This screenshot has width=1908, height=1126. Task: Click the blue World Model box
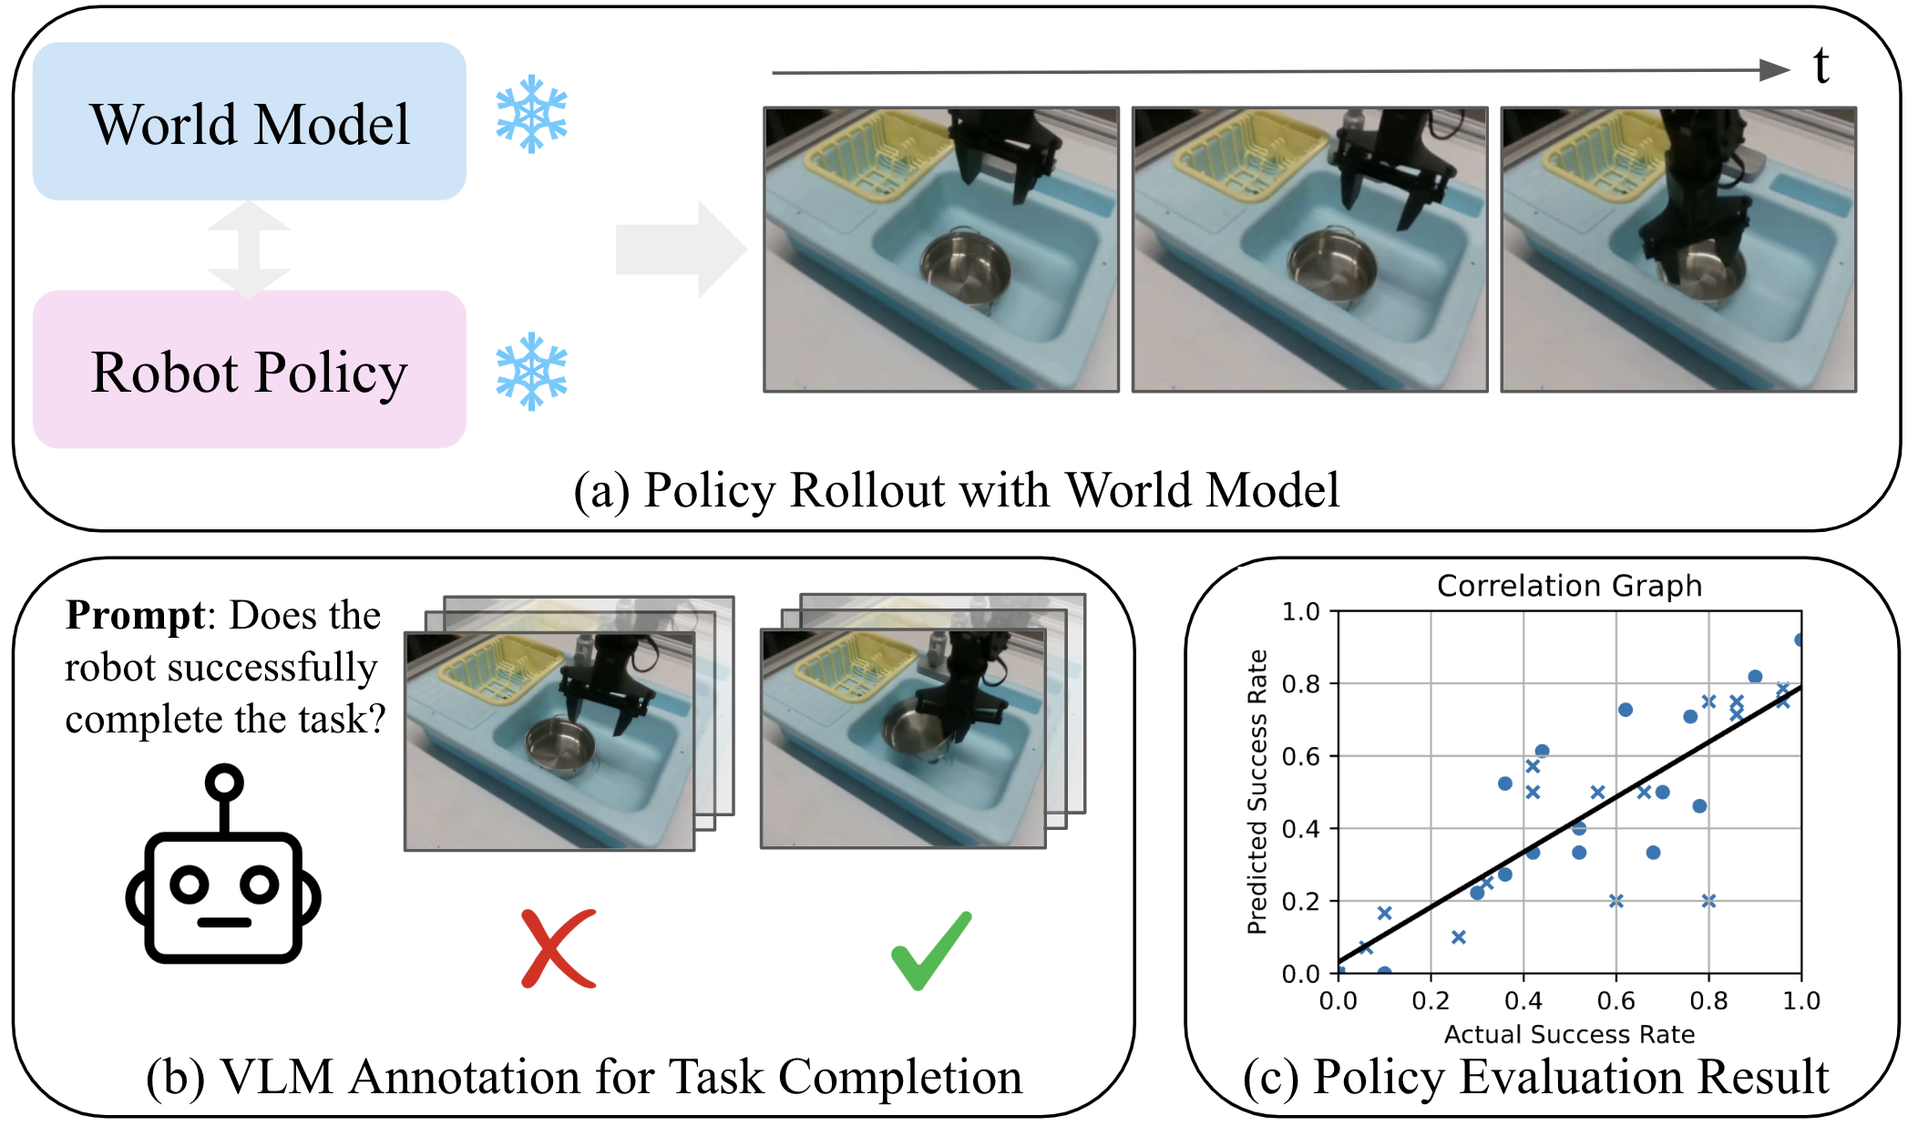tap(249, 121)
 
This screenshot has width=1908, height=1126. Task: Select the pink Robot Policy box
tap(249, 369)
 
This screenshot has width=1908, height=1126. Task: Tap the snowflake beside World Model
tap(531, 116)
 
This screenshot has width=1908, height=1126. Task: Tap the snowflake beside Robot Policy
tap(531, 371)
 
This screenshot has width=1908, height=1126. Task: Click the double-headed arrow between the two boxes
tap(249, 248)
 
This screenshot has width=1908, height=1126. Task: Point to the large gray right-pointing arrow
tap(680, 249)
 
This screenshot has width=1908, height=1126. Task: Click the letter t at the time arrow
tap(1821, 67)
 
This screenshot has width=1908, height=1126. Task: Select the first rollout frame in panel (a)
tap(941, 250)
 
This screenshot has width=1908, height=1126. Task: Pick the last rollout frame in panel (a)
tap(1678, 250)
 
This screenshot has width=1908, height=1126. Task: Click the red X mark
tap(558, 948)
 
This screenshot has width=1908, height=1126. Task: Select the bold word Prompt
tap(135, 616)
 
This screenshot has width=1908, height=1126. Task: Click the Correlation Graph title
tap(1569, 585)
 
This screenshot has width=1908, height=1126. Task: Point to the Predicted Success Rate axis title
tap(1257, 792)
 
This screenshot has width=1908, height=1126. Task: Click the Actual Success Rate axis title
tap(1569, 1034)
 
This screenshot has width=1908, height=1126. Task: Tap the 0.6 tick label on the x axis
tap(1616, 1001)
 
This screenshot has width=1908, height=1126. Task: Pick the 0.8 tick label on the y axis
tap(1300, 683)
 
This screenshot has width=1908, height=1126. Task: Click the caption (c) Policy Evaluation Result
tap(1535, 1077)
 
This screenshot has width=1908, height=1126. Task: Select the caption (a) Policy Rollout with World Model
tap(956, 490)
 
